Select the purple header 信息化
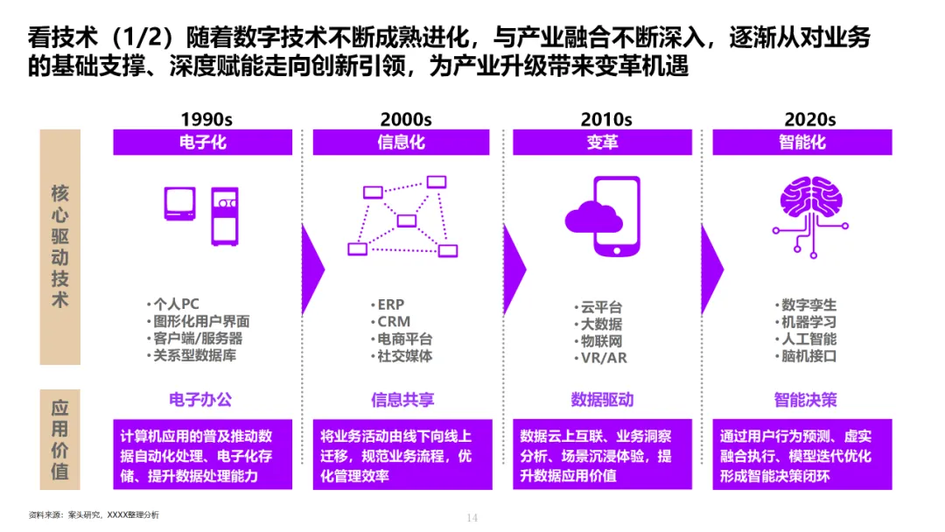click(401, 142)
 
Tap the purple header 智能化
click(801, 142)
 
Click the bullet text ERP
click(390, 304)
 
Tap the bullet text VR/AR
click(604, 358)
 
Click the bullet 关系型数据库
click(194, 355)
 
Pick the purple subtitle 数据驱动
click(602, 400)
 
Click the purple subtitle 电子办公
click(201, 400)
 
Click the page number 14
click(472, 518)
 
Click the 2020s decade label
click(809, 119)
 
